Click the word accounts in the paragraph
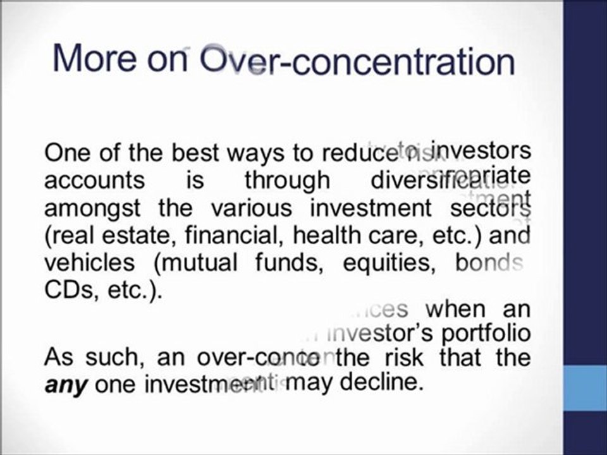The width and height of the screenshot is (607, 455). tap(94, 181)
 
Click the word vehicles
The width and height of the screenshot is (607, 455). tap(89, 262)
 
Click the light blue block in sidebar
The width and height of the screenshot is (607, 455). tap(585, 391)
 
